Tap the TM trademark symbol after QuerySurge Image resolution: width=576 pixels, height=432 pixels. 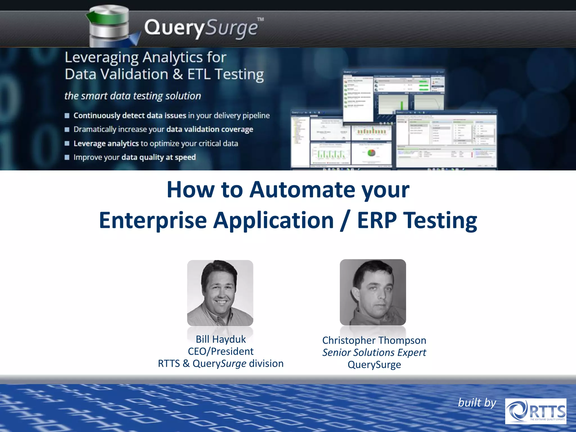tap(260, 19)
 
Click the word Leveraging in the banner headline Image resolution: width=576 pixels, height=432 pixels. tap(102, 58)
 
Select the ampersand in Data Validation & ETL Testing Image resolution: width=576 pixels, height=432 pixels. tap(178, 75)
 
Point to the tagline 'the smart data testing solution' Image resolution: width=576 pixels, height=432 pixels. tap(132, 96)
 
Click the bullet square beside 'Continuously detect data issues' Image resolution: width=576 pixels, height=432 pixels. tap(67, 116)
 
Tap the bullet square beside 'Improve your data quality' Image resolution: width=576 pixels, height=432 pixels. tap(67, 157)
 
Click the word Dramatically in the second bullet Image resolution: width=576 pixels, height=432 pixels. tap(95, 129)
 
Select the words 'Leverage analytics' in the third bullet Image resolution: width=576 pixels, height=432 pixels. tap(106, 143)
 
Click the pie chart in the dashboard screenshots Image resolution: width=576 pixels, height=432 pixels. tap(372, 153)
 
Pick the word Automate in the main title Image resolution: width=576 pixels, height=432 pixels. tap(302, 190)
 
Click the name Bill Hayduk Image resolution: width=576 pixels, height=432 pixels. tap(220, 339)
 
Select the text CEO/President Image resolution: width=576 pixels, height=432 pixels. tap(220, 352)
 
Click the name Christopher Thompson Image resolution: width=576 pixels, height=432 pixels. tap(374, 340)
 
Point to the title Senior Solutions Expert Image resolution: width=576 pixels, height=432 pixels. tap(374, 352)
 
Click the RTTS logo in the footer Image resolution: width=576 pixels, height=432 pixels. tap(535, 411)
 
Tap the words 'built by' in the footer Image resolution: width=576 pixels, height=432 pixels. tap(477, 403)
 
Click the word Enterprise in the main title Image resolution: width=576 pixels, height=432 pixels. tap(153, 220)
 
